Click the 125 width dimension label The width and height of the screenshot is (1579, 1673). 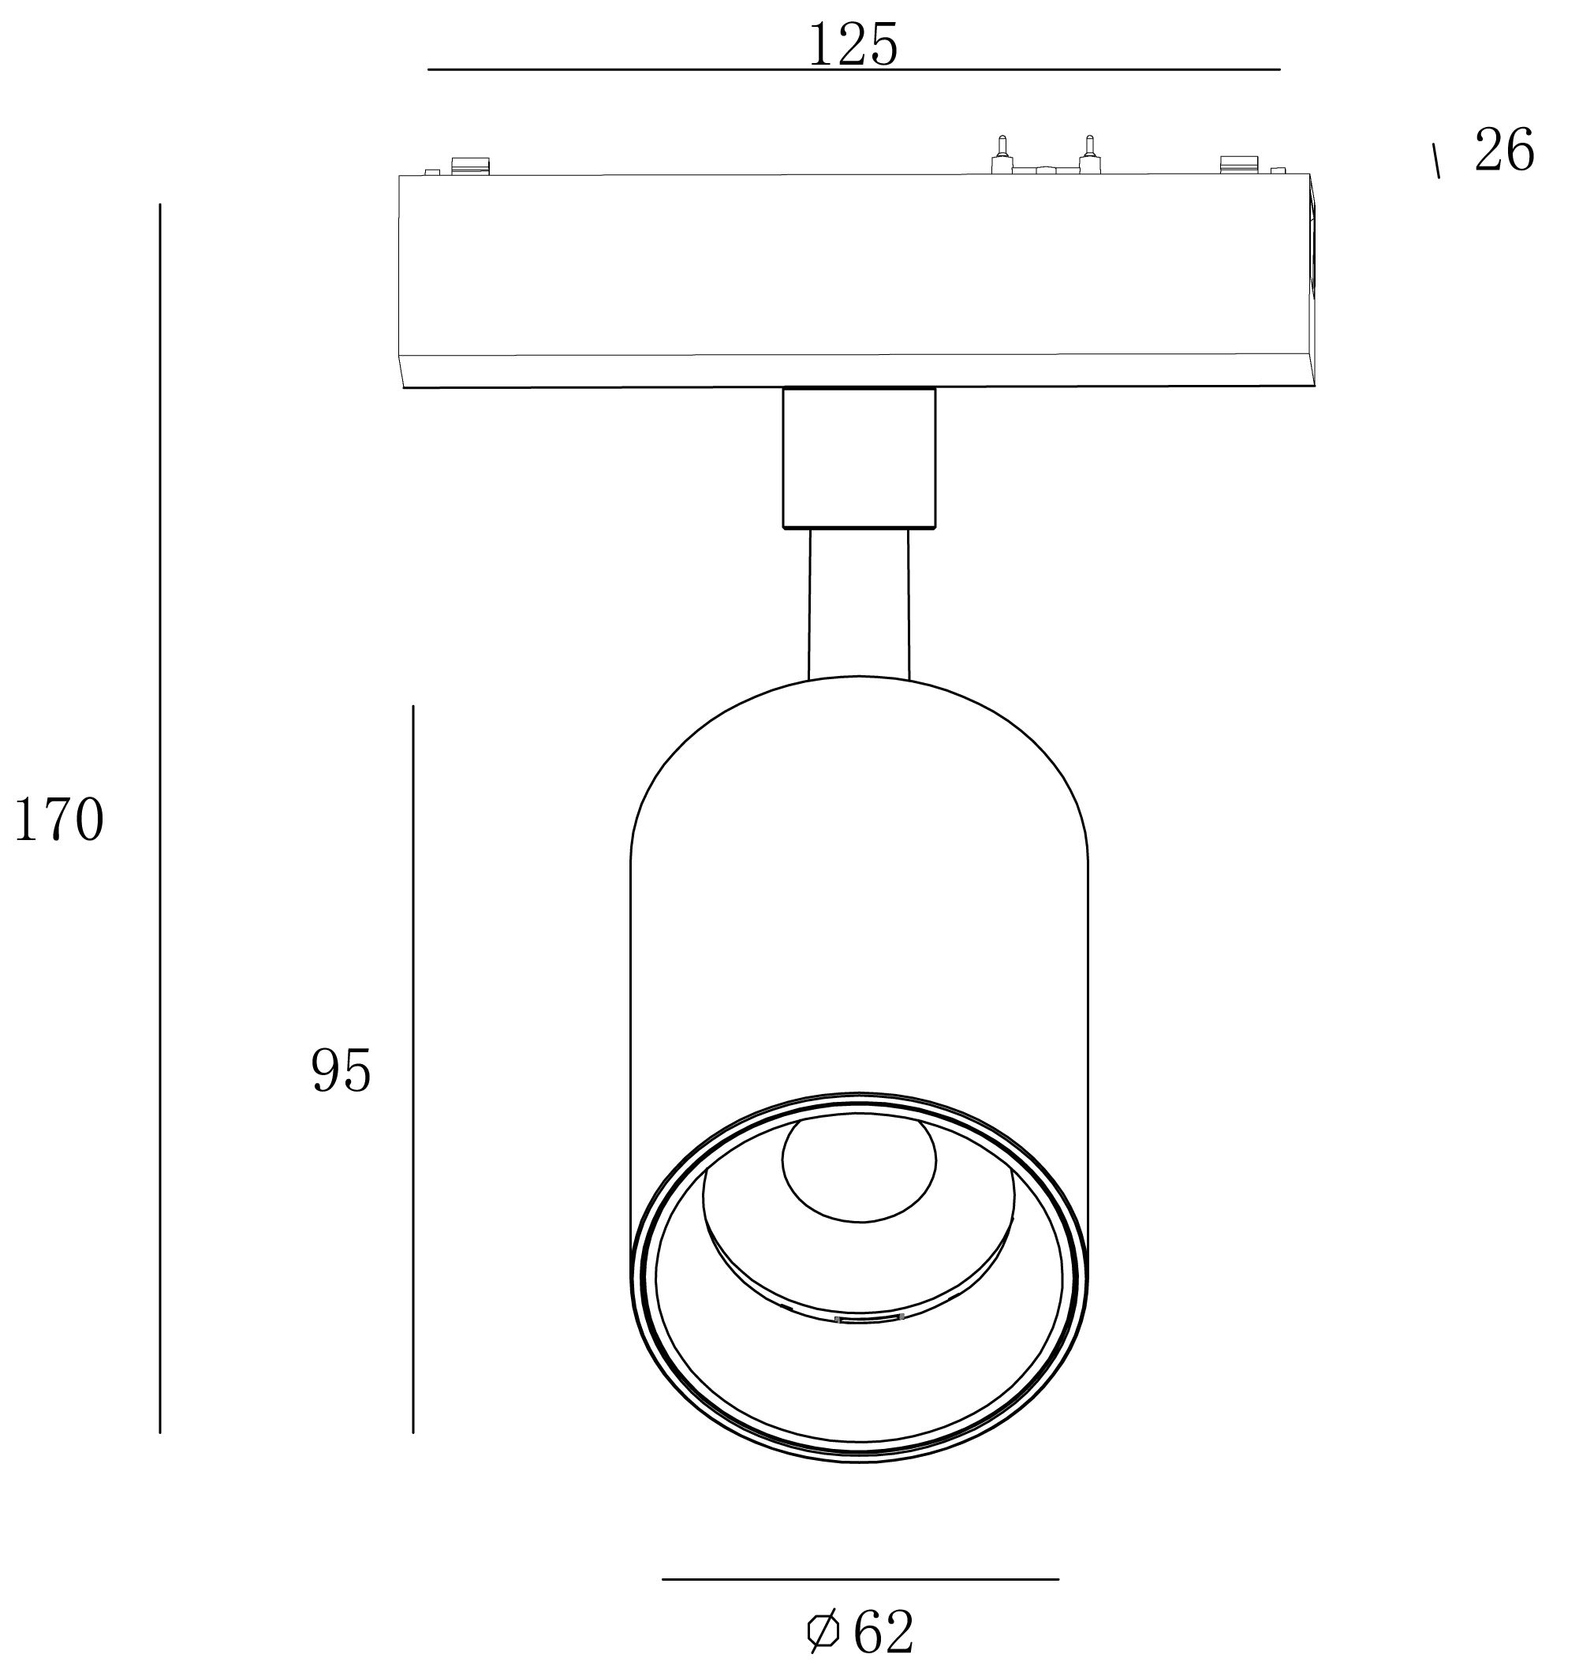pyautogui.click(x=853, y=45)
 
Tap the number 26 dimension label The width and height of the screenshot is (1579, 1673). pyautogui.click(x=1504, y=151)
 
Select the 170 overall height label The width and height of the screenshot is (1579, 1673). pyautogui.click(x=59, y=820)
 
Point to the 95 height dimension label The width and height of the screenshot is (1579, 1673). pyautogui.click(x=341, y=1071)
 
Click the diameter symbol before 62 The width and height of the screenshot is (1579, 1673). pyautogui.click(x=823, y=1633)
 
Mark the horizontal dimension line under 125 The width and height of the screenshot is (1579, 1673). pyautogui.click(x=853, y=69)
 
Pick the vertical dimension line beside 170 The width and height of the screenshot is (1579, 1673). pyautogui.click(x=160, y=818)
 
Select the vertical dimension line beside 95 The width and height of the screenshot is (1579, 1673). pyautogui.click(x=412, y=1069)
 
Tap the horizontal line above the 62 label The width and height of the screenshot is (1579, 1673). pyautogui.click(x=860, y=1580)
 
